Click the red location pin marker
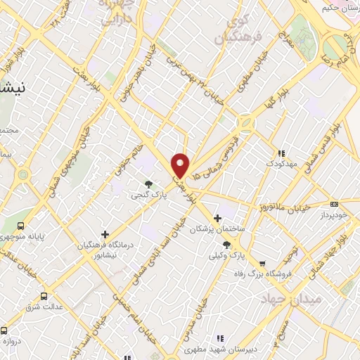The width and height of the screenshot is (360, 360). pyautogui.click(x=181, y=165)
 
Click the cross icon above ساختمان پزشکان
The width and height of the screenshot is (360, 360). pyautogui.click(x=217, y=218)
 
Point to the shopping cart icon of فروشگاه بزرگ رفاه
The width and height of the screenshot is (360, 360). pyautogui.click(x=262, y=264)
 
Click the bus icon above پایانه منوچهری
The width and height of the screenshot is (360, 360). pyautogui.click(x=20, y=226)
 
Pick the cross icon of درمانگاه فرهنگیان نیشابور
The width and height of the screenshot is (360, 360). pyautogui.click(x=105, y=233)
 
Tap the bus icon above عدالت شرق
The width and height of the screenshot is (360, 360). pyautogui.click(x=44, y=296)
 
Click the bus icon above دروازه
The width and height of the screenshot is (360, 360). pyautogui.click(x=4, y=330)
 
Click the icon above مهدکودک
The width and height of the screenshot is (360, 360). pyautogui.click(x=282, y=153)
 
